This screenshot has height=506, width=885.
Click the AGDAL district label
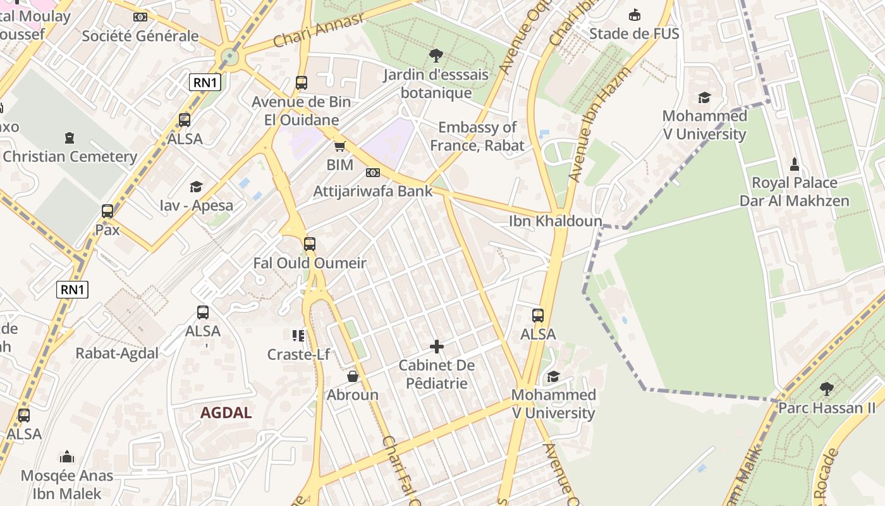(226, 413)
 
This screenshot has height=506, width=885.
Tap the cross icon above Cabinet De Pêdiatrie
(437, 347)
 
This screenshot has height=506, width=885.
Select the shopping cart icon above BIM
(339, 147)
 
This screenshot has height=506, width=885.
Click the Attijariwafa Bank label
(373, 191)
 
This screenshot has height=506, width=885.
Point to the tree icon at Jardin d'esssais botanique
(436, 56)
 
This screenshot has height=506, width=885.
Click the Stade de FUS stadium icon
(634, 15)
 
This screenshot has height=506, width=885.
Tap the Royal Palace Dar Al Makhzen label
(794, 192)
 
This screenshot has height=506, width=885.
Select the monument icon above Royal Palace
(795, 164)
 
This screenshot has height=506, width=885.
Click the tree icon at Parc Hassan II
(826, 389)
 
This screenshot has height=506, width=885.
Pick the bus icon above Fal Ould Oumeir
(310, 244)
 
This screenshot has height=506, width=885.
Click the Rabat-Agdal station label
(117, 353)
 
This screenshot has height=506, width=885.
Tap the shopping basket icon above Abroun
(353, 376)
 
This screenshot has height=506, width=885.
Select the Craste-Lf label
(298, 354)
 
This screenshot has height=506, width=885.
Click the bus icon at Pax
(107, 211)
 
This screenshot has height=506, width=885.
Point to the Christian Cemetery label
(70, 156)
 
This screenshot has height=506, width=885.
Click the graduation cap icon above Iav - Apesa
(196, 187)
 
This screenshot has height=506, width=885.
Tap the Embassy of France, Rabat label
(477, 136)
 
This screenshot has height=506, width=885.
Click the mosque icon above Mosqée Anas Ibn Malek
(67, 457)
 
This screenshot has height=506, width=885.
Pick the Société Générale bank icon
(140, 17)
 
